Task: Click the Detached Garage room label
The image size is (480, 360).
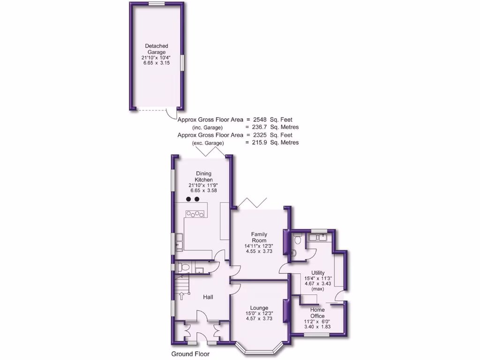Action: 156,49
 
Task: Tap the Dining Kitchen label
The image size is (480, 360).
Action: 204,177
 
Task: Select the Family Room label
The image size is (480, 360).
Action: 259,237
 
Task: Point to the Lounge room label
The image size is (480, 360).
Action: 259,308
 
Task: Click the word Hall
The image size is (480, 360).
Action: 209,297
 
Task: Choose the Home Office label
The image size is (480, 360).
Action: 317,313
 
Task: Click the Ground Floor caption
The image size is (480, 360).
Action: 190,354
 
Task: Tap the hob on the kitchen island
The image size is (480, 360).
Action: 195,214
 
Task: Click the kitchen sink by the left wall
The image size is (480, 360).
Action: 179,244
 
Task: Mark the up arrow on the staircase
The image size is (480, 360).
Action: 181,296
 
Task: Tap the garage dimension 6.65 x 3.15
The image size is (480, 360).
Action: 156,63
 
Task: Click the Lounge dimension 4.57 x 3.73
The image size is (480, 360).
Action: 259,319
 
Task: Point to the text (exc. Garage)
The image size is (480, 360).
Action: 208,142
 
